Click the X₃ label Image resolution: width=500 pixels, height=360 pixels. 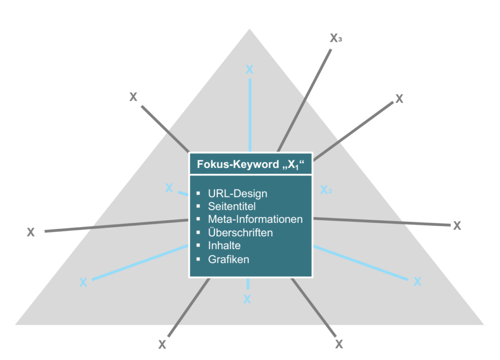335,39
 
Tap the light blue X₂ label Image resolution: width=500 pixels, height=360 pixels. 326,190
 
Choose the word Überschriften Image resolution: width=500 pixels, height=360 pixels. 240,233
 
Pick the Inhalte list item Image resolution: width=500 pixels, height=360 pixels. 224,246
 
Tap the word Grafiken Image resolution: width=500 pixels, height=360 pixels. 229,259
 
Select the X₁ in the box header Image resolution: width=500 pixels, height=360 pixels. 292,166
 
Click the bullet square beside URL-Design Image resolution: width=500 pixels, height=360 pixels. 198,193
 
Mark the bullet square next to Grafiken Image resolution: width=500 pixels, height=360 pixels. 198,259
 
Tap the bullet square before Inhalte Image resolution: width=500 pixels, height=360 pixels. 198,246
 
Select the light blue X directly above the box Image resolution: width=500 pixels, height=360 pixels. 250,69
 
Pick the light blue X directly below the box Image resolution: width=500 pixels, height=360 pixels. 247,299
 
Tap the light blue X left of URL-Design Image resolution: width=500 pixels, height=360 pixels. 169,188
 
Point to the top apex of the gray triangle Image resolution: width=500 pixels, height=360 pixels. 250,30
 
